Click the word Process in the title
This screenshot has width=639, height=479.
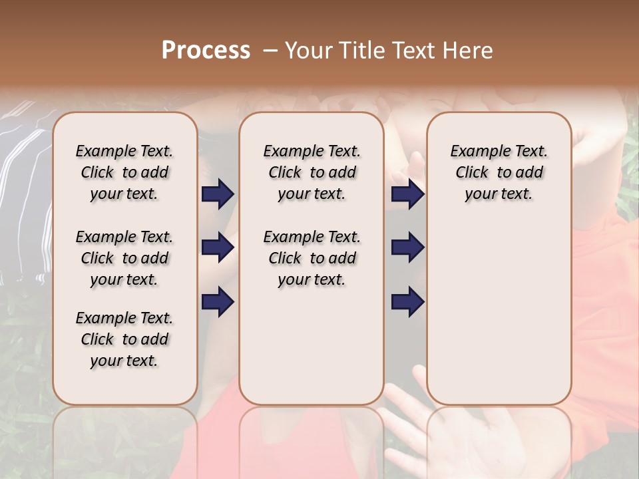click(x=206, y=51)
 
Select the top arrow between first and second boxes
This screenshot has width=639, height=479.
click(x=218, y=194)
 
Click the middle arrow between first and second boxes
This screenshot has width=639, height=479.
click(x=218, y=247)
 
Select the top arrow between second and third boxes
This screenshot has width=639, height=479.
click(x=407, y=194)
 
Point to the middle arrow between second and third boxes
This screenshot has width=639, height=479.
click(x=407, y=247)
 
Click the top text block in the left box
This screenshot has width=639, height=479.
click(x=124, y=172)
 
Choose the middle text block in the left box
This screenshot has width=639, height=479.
click(x=124, y=258)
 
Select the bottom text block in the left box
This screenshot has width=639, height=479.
click(x=124, y=339)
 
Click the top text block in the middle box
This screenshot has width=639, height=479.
click(x=312, y=172)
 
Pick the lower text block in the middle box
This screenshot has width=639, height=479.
click(x=312, y=258)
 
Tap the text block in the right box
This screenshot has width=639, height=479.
click(x=499, y=172)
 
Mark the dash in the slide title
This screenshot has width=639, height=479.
click(x=270, y=51)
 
